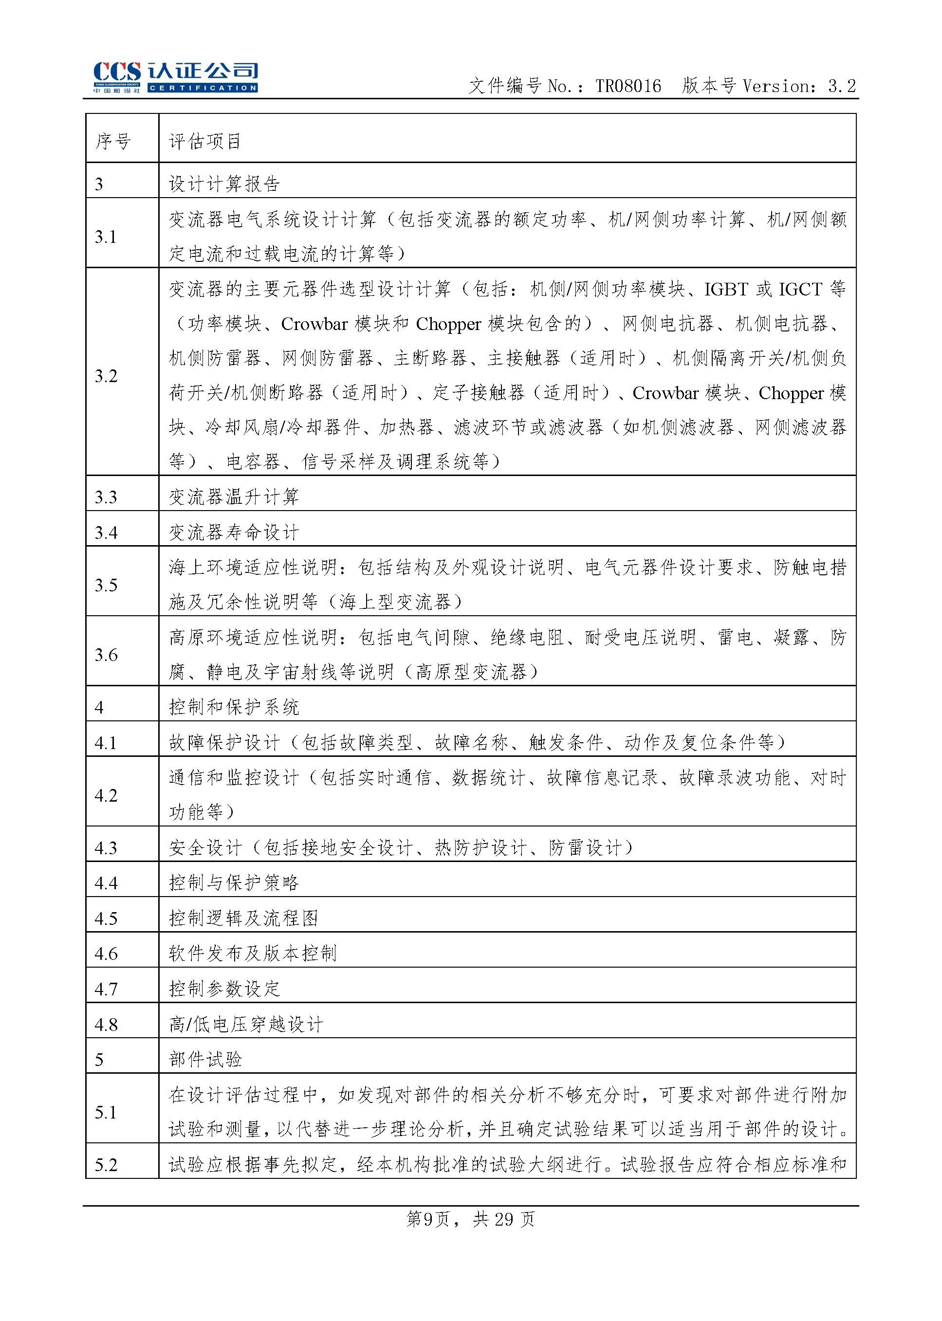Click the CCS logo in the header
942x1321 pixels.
click(117, 76)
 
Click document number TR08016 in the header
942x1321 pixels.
click(628, 87)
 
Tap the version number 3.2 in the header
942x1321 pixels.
click(841, 87)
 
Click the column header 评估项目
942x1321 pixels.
click(205, 141)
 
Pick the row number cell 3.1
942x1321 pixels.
click(106, 237)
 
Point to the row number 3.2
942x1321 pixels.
click(106, 376)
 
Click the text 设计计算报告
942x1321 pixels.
click(224, 184)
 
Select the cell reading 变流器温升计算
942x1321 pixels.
click(234, 497)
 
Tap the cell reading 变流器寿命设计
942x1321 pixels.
click(234, 532)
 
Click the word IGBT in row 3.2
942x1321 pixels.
click(726, 290)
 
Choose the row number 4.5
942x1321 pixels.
click(106, 918)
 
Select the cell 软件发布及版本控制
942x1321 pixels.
click(252, 954)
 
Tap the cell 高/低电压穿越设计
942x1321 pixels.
click(246, 1025)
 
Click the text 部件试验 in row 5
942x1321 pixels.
click(205, 1060)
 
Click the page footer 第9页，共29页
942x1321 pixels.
click(470, 1220)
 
